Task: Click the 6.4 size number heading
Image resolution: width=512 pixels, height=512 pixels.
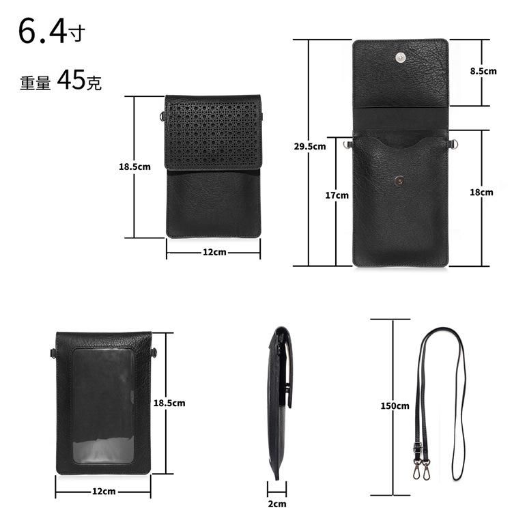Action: [43, 31]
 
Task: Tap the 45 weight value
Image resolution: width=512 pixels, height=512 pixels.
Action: [71, 80]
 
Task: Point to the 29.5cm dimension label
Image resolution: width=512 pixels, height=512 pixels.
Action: [310, 146]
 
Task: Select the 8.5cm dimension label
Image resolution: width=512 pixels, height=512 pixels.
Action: [483, 71]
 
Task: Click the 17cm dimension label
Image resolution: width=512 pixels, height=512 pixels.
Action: [337, 195]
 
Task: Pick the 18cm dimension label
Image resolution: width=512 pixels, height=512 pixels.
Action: [481, 192]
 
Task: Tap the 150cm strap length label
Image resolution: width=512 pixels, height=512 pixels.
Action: [395, 406]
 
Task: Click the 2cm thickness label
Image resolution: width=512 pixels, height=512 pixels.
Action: [277, 504]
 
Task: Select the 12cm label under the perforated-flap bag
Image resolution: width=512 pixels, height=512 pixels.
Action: [214, 252]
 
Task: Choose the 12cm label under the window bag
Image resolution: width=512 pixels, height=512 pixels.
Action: [104, 492]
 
